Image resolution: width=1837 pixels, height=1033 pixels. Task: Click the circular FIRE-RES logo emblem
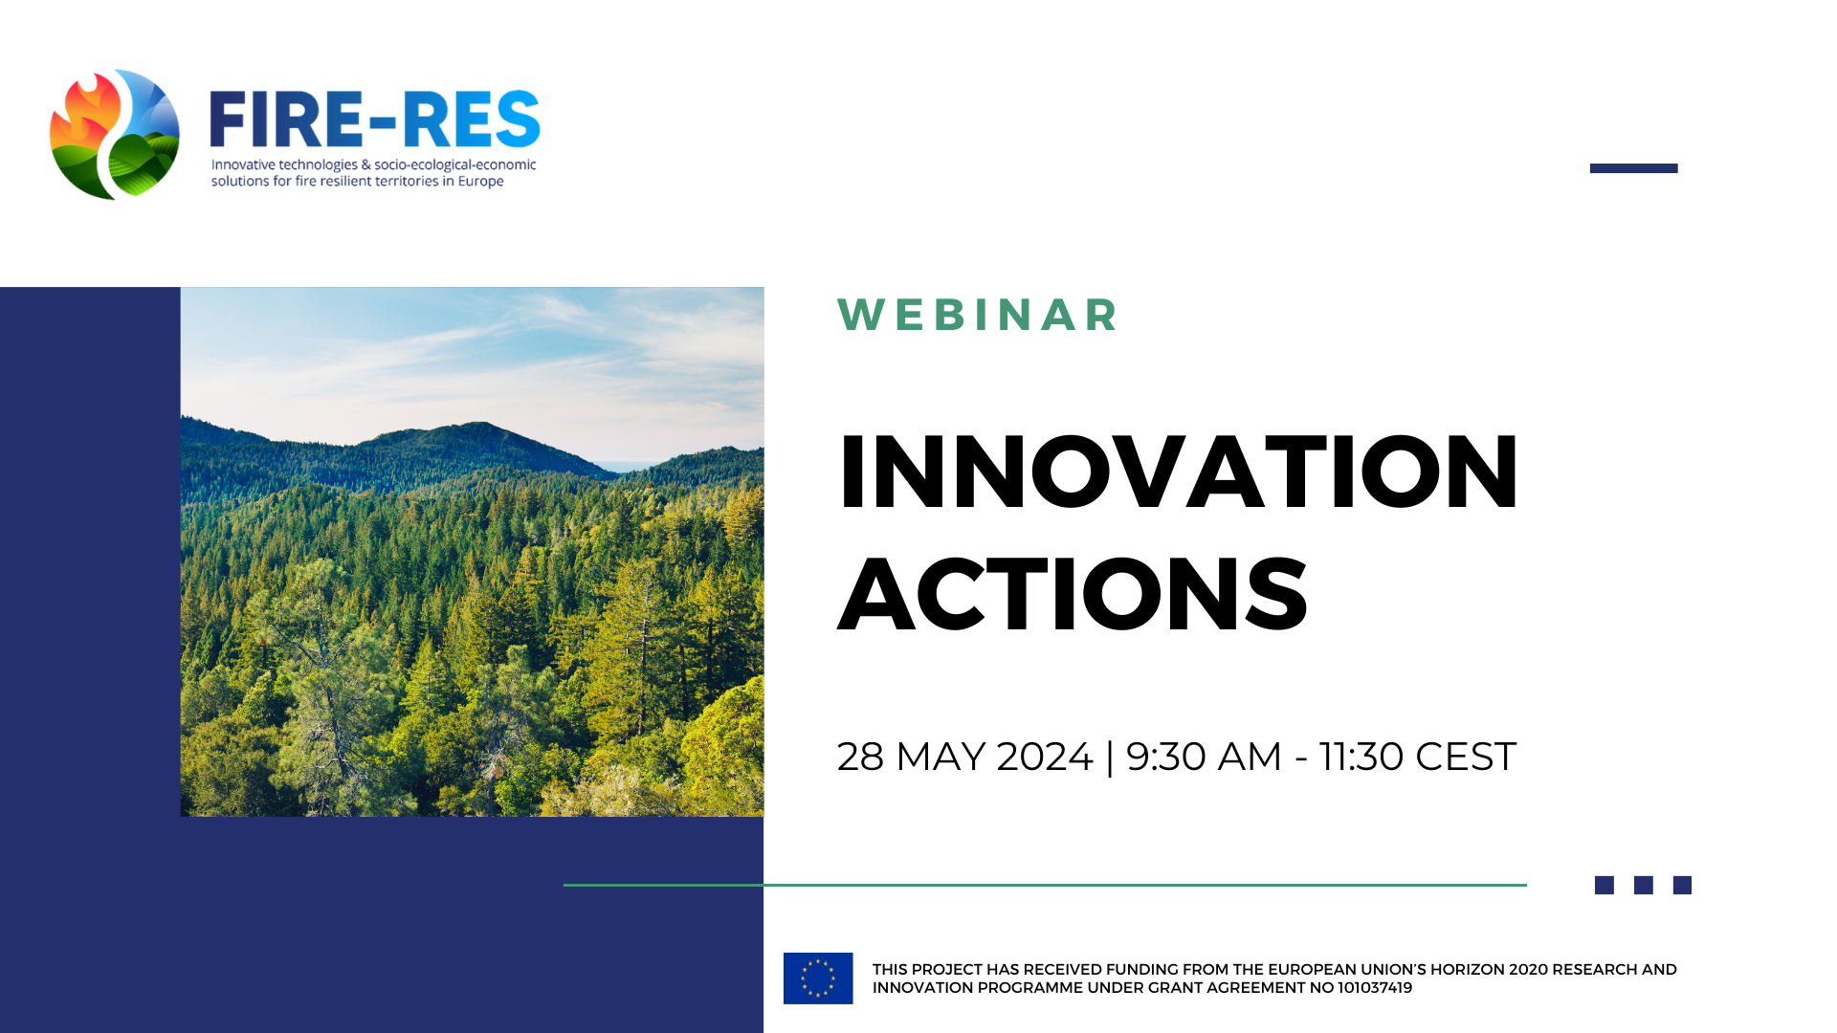pyautogui.click(x=115, y=134)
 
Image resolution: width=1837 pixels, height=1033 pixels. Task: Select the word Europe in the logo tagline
pyautogui.click(x=480, y=182)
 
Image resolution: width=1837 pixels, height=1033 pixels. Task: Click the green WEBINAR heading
pyautogui.click(x=978, y=315)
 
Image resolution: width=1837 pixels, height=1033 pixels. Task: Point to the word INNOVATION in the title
pyautogui.click(x=1178, y=472)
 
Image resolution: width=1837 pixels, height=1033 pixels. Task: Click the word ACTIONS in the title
pyautogui.click(x=1073, y=594)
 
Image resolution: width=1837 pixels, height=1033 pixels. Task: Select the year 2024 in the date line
pyautogui.click(x=1045, y=757)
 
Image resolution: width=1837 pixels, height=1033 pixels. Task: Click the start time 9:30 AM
pyautogui.click(x=1204, y=757)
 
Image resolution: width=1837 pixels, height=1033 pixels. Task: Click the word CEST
pyautogui.click(x=1466, y=757)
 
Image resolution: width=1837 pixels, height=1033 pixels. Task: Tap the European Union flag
pyautogui.click(x=818, y=978)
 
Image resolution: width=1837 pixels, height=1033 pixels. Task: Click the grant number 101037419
pyautogui.click(x=1375, y=988)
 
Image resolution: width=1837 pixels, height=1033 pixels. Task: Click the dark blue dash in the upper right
pyautogui.click(x=1634, y=168)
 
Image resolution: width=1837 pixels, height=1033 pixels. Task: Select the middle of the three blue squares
pyautogui.click(x=1644, y=886)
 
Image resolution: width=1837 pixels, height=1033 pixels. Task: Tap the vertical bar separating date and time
pyautogui.click(x=1110, y=758)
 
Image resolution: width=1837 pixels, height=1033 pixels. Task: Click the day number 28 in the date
pyautogui.click(x=860, y=757)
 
